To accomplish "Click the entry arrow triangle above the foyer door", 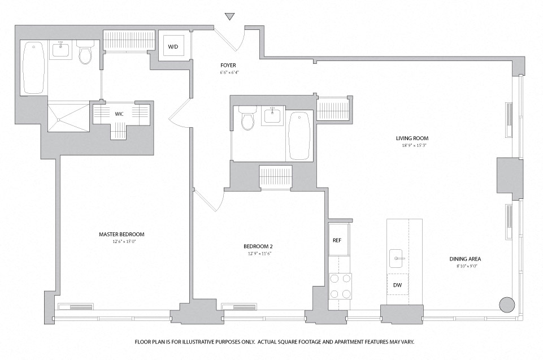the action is (x=229, y=16).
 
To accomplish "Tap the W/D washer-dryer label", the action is (x=173, y=47).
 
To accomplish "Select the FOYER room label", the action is (x=228, y=65).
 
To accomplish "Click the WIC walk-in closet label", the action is (x=119, y=114).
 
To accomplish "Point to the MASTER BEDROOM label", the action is (x=121, y=234).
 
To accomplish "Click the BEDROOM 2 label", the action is (x=258, y=247).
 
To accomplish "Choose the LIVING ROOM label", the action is (x=412, y=138).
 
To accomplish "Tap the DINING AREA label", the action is (x=465, y=259).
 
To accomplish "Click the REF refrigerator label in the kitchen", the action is (x=337, y=240).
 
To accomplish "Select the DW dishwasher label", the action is (x=398, y=285).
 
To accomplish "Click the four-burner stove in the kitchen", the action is (x=340, y=286).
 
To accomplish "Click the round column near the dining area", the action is (x=507, y=305).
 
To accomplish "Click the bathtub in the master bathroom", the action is (x=33, y=68).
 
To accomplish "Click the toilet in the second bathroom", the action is (x=247, y=118).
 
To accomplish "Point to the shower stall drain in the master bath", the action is (x=59, y=120).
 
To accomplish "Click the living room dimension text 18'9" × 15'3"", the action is (x=412, y=145).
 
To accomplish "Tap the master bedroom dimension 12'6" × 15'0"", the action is (x=121, y=241).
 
